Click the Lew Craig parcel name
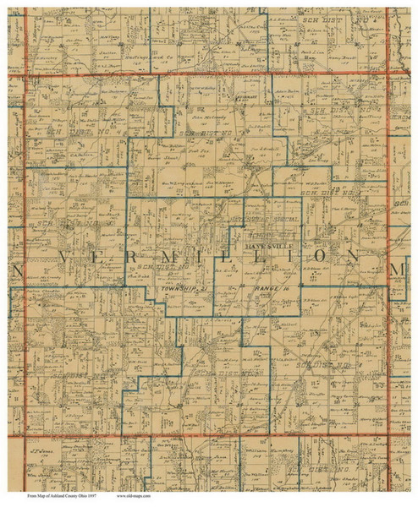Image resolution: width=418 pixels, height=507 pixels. point(316,159)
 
